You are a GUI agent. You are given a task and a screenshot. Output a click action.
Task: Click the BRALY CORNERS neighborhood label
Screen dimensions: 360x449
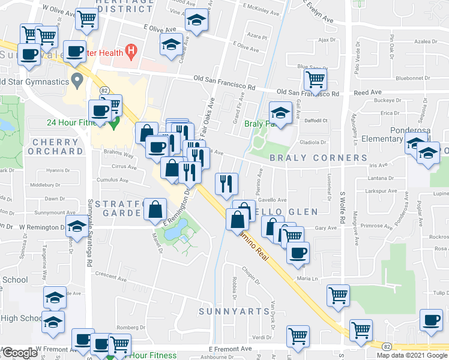[318, 158]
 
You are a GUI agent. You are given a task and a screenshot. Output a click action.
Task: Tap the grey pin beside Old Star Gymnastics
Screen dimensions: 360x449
[77, 79]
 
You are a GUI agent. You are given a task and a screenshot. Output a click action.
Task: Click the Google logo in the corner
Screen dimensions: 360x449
[19, 353]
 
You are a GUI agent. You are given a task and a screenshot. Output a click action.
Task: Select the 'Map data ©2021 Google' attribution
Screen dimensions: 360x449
[412, 355]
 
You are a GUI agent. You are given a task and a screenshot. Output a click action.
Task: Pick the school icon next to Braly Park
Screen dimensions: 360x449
[280, 112]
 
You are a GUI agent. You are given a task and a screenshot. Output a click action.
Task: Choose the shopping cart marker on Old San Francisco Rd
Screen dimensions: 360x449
[315, 79]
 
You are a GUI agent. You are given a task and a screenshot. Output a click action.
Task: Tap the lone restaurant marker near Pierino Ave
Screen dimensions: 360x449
[227, 182]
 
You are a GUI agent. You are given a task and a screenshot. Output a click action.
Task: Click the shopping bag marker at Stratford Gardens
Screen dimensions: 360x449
[155, 209]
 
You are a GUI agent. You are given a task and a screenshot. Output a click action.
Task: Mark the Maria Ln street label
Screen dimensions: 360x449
[306, 278]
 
